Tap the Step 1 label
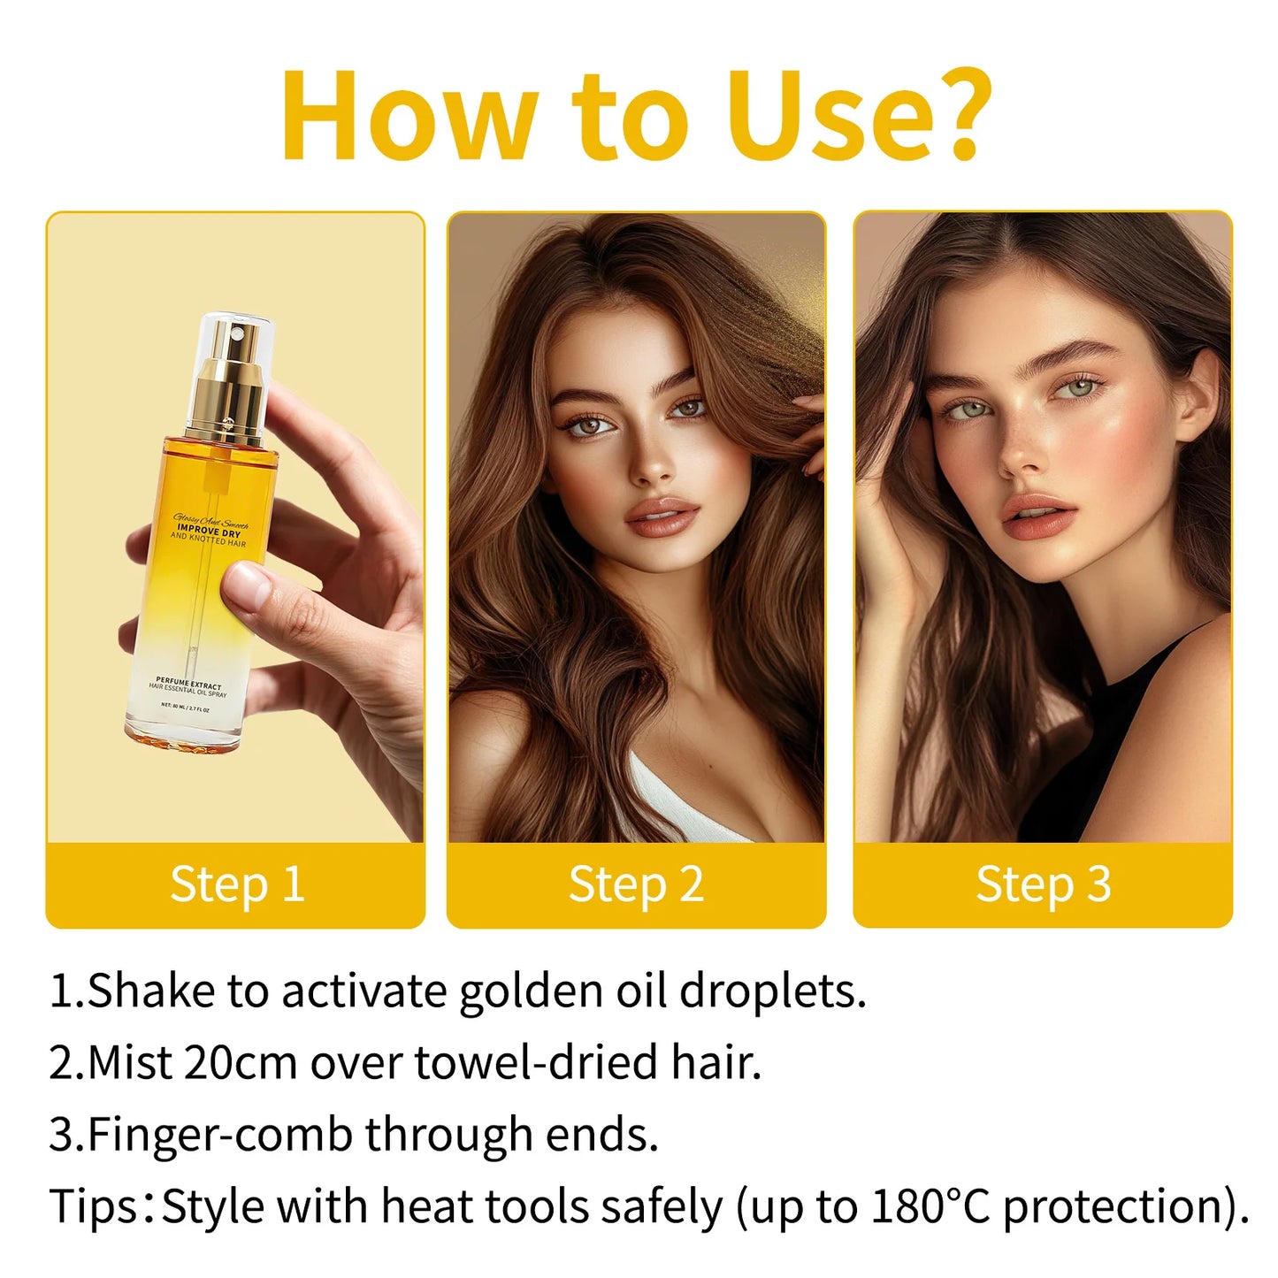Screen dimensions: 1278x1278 pos(236,884)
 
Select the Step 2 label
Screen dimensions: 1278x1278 pos(636,884)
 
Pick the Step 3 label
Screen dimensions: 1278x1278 pos(1043,884)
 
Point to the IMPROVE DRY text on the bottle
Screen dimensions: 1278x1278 pos(209,532)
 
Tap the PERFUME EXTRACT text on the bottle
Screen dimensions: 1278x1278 pos(189,683)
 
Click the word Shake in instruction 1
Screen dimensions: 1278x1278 pos(150,991)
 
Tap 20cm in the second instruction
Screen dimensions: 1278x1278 pos(240,1062)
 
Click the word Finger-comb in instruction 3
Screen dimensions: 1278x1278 pos(220,1135)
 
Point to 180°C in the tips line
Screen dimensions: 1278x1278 pos(930,1206)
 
